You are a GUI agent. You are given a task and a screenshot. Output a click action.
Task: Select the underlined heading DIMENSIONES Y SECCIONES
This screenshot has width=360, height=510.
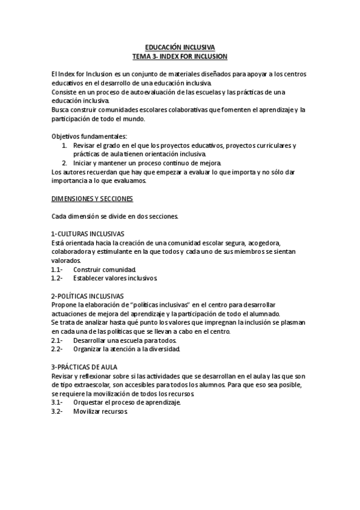coord(92,198)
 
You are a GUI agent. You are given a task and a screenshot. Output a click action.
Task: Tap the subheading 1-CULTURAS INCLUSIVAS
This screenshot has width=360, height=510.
coord(87,233)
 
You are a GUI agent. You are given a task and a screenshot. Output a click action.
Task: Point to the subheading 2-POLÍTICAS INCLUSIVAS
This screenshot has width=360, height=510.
coord(88,296)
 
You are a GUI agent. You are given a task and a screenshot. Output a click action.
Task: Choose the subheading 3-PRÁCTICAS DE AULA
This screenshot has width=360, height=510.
coord(84,367)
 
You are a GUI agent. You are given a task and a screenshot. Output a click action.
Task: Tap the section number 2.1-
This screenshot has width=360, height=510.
coord(57,340)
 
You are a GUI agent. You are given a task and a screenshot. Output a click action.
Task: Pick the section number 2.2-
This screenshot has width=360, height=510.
coord(57,349)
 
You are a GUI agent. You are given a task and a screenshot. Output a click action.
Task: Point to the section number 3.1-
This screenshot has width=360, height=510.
coord(57,402)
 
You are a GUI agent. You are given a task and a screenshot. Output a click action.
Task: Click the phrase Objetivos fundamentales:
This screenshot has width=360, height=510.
coord(90,136)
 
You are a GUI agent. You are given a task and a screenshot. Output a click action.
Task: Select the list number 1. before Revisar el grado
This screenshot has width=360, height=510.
coord(65,145)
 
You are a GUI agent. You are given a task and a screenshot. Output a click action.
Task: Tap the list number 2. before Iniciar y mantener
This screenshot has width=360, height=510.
coord(65,163)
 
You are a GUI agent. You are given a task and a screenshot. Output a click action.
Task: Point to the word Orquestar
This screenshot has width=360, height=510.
coord(89,402)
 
